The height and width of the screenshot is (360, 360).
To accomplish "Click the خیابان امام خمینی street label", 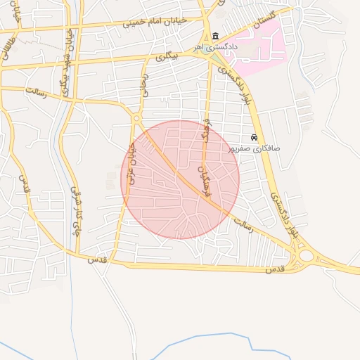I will tap(155, 20).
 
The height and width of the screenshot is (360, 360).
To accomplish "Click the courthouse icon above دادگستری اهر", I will tap(214, 37).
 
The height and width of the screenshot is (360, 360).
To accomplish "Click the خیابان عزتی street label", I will tap(130, 162).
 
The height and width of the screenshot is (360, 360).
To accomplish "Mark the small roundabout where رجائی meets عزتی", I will tap(136, 119).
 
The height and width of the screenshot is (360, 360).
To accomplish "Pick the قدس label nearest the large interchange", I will tap(274, 270).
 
